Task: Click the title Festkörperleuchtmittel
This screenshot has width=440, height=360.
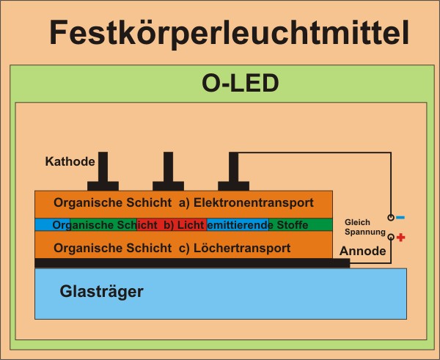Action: point(230,32)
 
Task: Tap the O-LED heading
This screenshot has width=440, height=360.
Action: point(240,83)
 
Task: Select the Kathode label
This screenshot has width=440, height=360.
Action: point(67,161)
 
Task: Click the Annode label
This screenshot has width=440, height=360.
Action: point(362,251)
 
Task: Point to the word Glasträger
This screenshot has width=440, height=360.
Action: point(101,291)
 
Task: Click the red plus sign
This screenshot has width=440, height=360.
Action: point(400,238)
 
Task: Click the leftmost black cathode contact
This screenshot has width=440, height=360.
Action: point(103,176)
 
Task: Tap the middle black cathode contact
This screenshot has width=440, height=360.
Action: point(168,176)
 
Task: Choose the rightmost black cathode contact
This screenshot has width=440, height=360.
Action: point(233,176)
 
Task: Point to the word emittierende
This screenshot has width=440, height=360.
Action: point(238,224)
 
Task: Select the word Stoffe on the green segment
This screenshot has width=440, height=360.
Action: point(293,224)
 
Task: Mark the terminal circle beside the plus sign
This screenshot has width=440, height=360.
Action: point(391,238)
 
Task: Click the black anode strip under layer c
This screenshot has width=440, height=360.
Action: point(191,262)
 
